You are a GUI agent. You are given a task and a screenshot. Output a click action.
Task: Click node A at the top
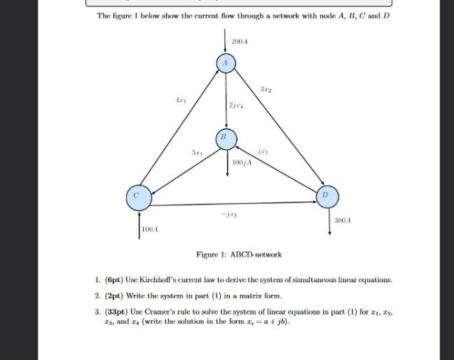(226, 63)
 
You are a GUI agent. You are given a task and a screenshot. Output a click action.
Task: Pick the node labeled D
(324, 193)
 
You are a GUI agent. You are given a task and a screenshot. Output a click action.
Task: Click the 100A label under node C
(150, 229)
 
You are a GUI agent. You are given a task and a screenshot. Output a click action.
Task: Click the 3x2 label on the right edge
(264, 90)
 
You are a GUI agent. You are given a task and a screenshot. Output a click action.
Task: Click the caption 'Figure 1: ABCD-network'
(239, 254)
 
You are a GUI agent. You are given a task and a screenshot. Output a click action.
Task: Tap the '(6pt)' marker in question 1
(116, 279)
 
